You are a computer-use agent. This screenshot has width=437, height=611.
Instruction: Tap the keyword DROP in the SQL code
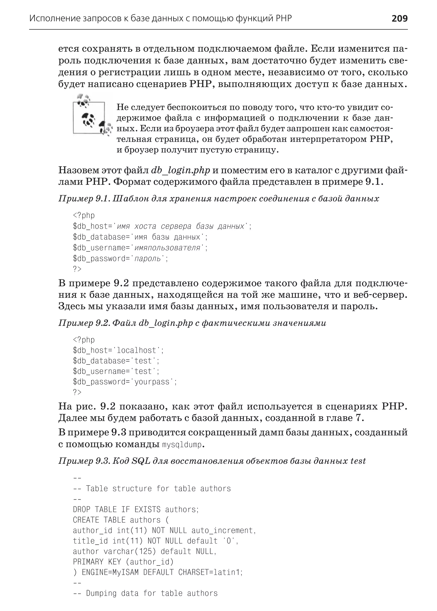[82, 509]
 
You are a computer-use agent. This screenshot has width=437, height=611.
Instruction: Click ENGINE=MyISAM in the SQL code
[110, 572]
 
